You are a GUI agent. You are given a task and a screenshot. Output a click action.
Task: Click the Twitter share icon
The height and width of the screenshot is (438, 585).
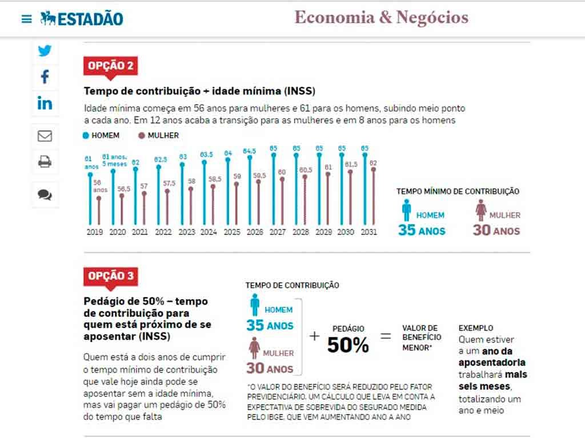[x=45, y=51]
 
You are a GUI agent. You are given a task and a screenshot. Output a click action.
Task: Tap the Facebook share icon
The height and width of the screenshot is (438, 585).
[x=45, y=76]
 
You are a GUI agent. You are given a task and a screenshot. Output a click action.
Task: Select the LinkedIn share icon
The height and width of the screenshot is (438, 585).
[x=45, y=103]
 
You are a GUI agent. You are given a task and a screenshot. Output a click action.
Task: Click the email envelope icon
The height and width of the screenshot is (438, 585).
[x=45, y=136]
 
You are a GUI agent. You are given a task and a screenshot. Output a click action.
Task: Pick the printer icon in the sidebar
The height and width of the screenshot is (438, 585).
[x=45, y=162]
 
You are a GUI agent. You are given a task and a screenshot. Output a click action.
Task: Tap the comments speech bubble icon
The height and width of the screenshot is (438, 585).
[x=45, y=194]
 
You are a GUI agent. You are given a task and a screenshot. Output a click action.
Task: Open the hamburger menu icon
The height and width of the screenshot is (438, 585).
[x=26, y=19]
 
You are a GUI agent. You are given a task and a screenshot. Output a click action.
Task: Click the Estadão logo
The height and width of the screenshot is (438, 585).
[x=82, y=19]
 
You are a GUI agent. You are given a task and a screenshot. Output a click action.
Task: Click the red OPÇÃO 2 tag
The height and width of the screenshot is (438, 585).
[x=111, y=66]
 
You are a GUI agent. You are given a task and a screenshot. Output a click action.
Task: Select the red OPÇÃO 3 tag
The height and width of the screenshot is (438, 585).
[x=111, y=277]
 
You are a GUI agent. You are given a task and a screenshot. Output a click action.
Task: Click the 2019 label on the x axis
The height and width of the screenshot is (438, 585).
[x=94, y=232]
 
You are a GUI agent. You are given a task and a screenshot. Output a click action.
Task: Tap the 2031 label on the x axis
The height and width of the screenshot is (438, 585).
[x=368, y=232]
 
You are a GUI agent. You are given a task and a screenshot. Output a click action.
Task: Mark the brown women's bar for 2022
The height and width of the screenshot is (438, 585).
[x=167, y=206]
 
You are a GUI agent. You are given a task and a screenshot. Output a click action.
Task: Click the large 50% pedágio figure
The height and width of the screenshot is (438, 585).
[x=348, y=345]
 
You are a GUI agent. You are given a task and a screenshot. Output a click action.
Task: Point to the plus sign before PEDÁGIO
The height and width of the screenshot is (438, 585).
[x=314, y=336]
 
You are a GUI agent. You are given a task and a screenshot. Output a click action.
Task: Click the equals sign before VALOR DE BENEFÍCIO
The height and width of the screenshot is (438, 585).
[x=386, y=336]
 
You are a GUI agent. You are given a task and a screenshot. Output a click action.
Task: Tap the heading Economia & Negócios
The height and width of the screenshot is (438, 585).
[x=381, y=18]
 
